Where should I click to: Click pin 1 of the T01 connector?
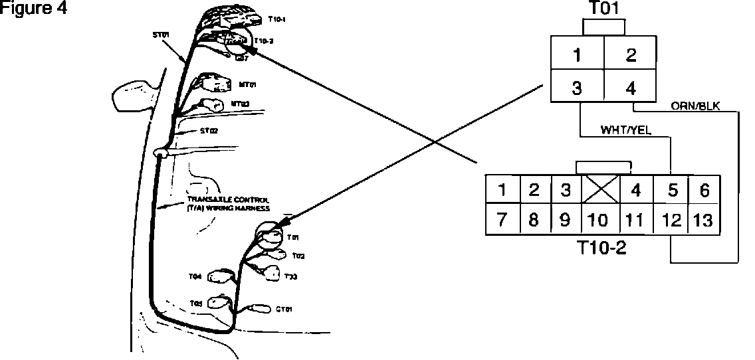click(x=578, y=55)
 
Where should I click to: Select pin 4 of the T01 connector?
click(x=631, y=88)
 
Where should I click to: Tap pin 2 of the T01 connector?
click(x=631, y=55)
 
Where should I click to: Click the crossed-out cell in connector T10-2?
click(x=601, y=191)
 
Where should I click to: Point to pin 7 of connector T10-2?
click(x=502, y=220)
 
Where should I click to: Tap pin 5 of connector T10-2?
click(x=672, y=191)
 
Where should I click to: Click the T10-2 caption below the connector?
click(x=603, y=248)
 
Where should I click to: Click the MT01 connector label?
click(x=247, y=85)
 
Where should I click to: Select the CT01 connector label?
click(x=283, y=309)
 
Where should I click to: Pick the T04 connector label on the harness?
click(x=195, y=275)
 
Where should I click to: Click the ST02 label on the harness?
click(x=209, y=131)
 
